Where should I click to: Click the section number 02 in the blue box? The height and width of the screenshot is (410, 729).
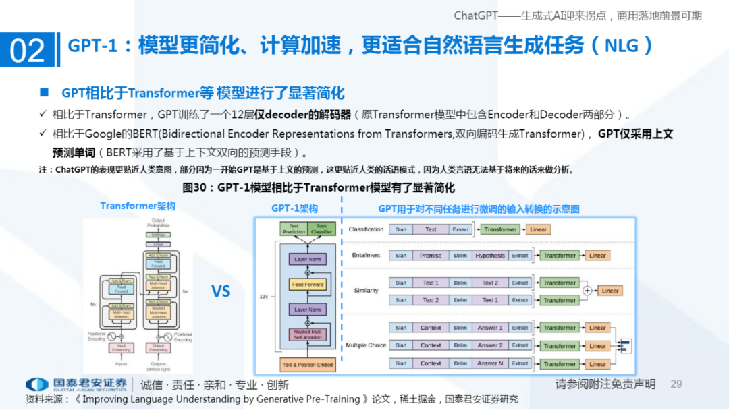pyautogui.click(x=28, y=51)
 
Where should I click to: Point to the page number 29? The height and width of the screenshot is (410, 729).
pyautogui.click(x=676, y=384)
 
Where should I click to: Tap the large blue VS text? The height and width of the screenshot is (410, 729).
pyautogui.click(x=221, y=291)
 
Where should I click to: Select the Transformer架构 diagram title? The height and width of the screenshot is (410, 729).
pyautogui.click(x=138, y=206)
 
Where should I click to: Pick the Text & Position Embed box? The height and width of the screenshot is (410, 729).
pyautogui.click(x=307, y=365)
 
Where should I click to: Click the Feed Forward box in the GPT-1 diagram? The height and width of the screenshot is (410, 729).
pyautogui.click(x=307, y=285)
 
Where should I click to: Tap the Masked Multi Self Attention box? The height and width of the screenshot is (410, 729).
pyautogui.click(x=307, y=333)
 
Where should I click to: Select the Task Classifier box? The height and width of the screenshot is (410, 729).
pyautogui.click(x=321, y=229)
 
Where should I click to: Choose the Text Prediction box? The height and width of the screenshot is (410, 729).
pyautogui.click(x=294, y=229)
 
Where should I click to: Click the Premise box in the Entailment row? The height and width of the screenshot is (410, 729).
pyautogui.click(x=431, y=256)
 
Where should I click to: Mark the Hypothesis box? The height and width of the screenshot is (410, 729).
pyautogui.click(x=489, y=256)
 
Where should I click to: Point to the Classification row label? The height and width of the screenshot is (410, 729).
pyautogui.click(x=366, y=230)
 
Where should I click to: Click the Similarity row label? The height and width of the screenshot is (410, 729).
pyautogui.click(x=366, y=291)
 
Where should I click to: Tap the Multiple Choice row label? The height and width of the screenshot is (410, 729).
pyautogui.click(x=366, y=345)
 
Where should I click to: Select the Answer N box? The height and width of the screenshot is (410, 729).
pyautogui.click(x=490, y=363)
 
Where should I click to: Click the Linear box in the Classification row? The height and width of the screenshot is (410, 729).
pyautogui.click(x=538, y=230)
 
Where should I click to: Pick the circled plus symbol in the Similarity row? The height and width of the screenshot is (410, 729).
pyautogui.click(x=587, y=291)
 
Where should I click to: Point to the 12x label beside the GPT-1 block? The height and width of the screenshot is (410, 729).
pyautogui.click(x=265, y=296)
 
